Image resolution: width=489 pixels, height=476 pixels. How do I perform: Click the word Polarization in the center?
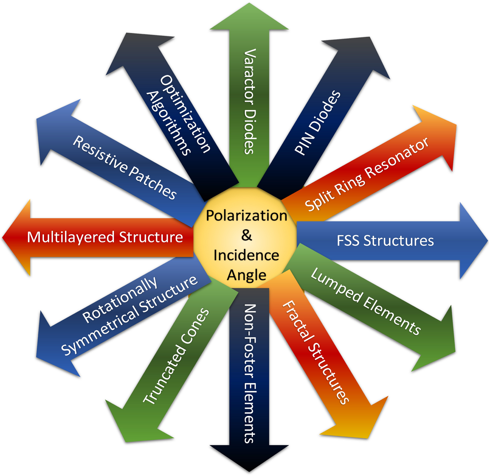pyautogui.click(x=246, y=215)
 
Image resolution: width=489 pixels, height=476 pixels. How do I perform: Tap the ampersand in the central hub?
pyautogui.click(x=246, y=235)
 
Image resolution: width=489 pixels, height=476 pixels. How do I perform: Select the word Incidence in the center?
pyautogui.click(x=246, y=255)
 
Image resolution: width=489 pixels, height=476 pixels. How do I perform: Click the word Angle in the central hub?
pyautogui.click(x=246, y=275)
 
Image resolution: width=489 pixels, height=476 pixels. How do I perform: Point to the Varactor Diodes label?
pyautogui.click(x=249, y=102)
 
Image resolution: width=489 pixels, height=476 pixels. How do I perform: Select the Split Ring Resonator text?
pyautogui.click(x=366, y=174)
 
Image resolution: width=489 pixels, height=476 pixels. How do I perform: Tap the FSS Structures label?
pyautogui.click(x=385, y=241)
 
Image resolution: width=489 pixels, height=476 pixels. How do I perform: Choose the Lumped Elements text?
pyautogui.click(x=366, y=301)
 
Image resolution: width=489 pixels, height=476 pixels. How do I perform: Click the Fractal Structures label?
pyautogui.click(x=315, y=353)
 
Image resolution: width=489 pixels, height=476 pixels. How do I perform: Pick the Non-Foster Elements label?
pyautogui.click(x=249, y=373)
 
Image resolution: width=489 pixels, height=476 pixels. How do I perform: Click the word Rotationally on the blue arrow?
pyautogui.click(x=120, y=300)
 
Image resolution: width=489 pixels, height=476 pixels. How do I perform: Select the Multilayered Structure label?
pyautogui.click(x=105, y=237)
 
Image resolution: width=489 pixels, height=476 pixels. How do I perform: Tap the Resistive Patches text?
pyautogui.click(x=125, y=168)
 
